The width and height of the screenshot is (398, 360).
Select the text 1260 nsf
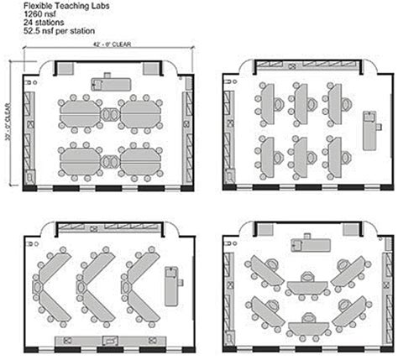[37, 14]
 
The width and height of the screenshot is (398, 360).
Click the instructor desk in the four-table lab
[111, 82]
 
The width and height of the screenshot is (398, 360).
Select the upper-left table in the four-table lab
[80, 110]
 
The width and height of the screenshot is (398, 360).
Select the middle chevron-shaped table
[93, 276]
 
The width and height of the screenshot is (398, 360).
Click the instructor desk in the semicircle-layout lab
[306, 244]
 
